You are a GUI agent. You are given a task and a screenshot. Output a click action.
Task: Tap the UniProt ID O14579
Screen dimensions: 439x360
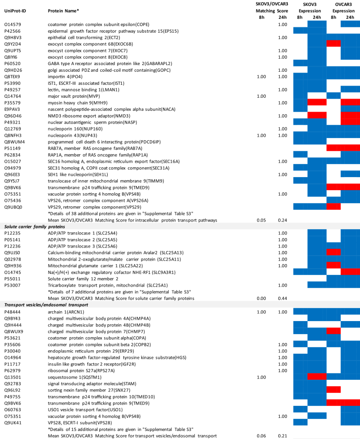point(12,24)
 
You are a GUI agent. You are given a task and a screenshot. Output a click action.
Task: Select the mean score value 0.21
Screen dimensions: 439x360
point(282,435)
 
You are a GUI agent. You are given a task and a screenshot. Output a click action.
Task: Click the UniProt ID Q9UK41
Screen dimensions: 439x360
point(12,422)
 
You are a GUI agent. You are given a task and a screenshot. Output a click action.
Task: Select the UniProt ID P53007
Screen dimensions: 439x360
point(12,285)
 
